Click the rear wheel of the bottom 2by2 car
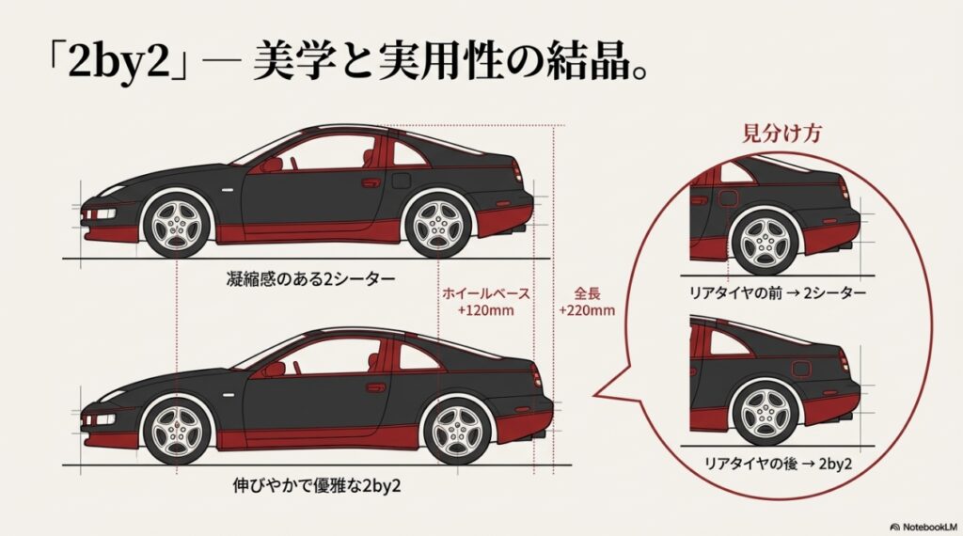point(457,431)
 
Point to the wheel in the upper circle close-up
point(766,241)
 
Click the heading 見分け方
point(776,134)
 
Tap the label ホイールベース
point(485,293)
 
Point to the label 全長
point(586,293)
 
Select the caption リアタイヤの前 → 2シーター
point(776,293)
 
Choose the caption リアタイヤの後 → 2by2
point(776,463)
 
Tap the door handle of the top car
point(371,181)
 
